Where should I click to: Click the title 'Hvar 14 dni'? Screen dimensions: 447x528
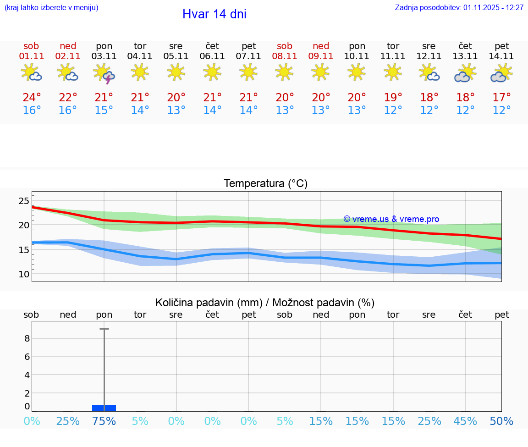coord(214,14)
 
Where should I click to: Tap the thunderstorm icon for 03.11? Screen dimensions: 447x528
coord(104,73)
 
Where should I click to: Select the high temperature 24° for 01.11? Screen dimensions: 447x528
coord(32,98)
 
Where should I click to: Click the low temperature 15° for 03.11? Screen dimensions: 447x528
coord(104,110)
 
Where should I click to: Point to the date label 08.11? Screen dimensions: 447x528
coord(285,56)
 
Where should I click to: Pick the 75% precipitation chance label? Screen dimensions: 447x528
coord(104,421)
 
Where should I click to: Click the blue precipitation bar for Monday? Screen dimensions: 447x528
coord(104,408)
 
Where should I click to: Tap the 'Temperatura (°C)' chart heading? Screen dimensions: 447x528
coord(265,184)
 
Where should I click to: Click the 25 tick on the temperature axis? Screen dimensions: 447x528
coord(24,200)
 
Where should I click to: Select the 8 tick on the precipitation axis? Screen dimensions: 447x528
coord(27,338)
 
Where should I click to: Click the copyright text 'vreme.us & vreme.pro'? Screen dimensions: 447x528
coord(391,219)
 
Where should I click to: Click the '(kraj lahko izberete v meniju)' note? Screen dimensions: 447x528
coord(51,8)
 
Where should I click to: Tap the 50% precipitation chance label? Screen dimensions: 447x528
coord(501,421)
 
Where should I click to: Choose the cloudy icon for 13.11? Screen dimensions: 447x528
coord(465,73)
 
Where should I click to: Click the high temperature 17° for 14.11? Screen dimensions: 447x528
coord(501,98)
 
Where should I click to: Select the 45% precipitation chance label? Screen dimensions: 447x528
coord(465,421)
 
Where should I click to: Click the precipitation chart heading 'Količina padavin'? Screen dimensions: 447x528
coord(265,303)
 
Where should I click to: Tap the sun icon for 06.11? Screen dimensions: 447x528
coord(212,72)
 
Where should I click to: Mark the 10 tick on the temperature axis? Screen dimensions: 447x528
coord(24,274)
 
